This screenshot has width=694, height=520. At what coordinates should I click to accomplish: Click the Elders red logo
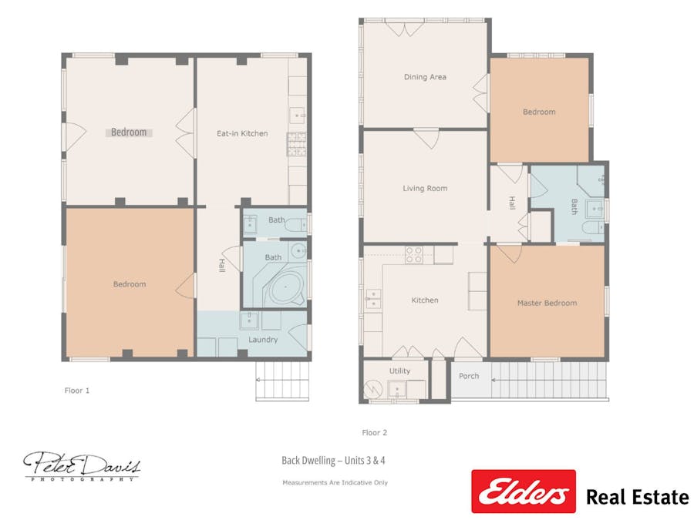(524, 491)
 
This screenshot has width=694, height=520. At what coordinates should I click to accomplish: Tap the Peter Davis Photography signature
(82, 465)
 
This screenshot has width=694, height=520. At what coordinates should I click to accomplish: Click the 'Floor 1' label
(77, 391)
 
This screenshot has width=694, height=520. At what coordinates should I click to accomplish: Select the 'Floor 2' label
(375, 433)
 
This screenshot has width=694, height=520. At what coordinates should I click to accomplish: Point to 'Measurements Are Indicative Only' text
(335, 482)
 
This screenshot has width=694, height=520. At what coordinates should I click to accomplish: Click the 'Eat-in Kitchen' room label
(242, 133)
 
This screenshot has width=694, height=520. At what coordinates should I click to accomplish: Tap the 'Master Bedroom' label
(547, 303)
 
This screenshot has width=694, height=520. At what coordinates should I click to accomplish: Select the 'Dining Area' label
(425, 77)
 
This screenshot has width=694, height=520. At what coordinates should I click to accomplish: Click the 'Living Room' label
(425, 188)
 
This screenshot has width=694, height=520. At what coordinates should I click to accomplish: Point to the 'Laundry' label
(263, 339)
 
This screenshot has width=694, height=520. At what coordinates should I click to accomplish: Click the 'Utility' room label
(399, 371)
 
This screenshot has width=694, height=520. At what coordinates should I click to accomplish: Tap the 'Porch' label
(469, 376)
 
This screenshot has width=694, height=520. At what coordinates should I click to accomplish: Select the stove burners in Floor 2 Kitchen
(414, 255)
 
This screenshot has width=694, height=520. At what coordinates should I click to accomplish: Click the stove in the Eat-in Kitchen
(297, 144)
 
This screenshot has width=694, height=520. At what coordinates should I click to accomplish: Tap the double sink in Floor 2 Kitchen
(372, 298)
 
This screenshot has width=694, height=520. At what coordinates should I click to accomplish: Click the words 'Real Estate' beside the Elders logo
(637, 496)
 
